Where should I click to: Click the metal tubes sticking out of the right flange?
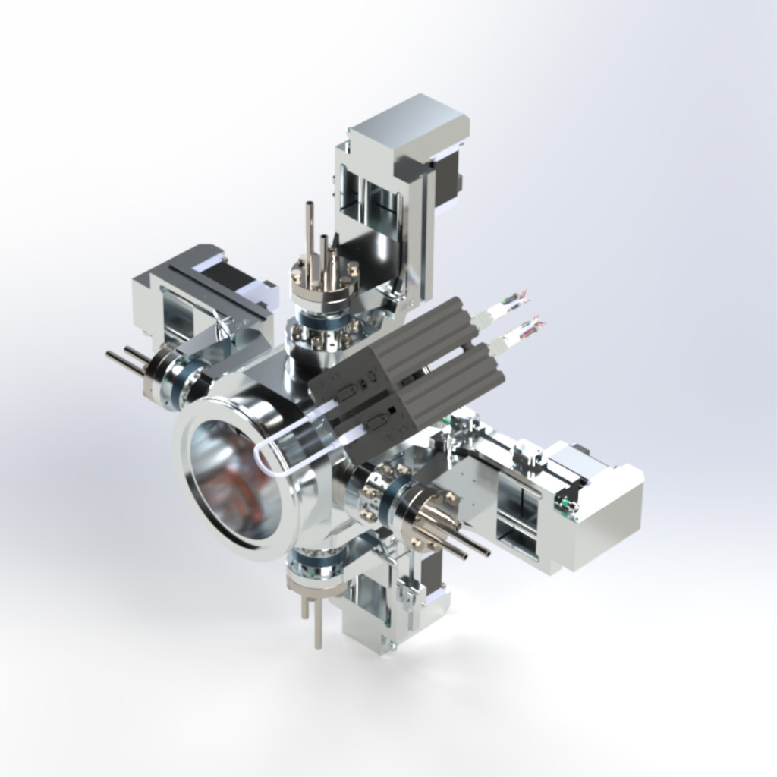pyautogui.click(x=448, y=531)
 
